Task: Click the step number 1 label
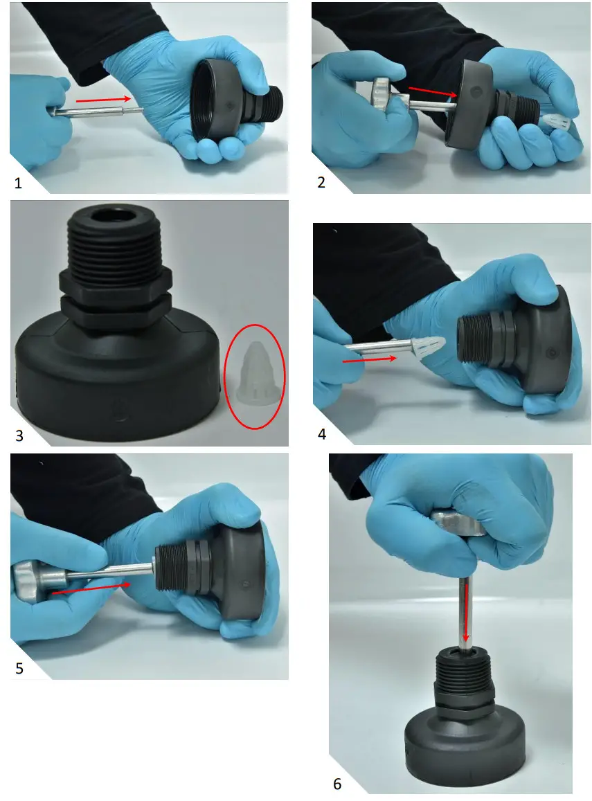tap(19, 183)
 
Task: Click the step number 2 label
tap(321, 182)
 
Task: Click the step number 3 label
tap(19, 435)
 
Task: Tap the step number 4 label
tap(322, 434)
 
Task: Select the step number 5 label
tap(19, 668)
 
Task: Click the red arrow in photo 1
tap(104, 99)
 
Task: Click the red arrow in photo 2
tap(432, 91)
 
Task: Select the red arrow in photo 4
tap(369, 359)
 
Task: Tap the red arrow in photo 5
tap(91, 588)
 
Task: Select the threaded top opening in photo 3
tap(115, 219)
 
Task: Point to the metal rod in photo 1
tap(97, 111)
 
